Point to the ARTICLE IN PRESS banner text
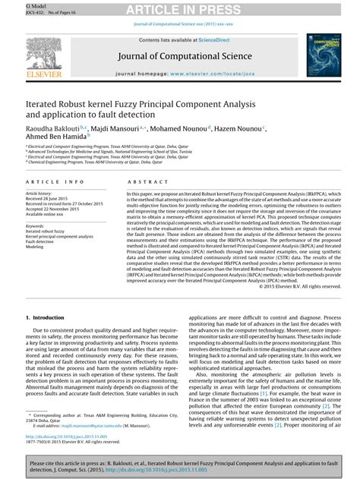pyautogui.click(x=179, y=9)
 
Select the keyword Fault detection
pyautogui.click(x=42, y=241)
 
